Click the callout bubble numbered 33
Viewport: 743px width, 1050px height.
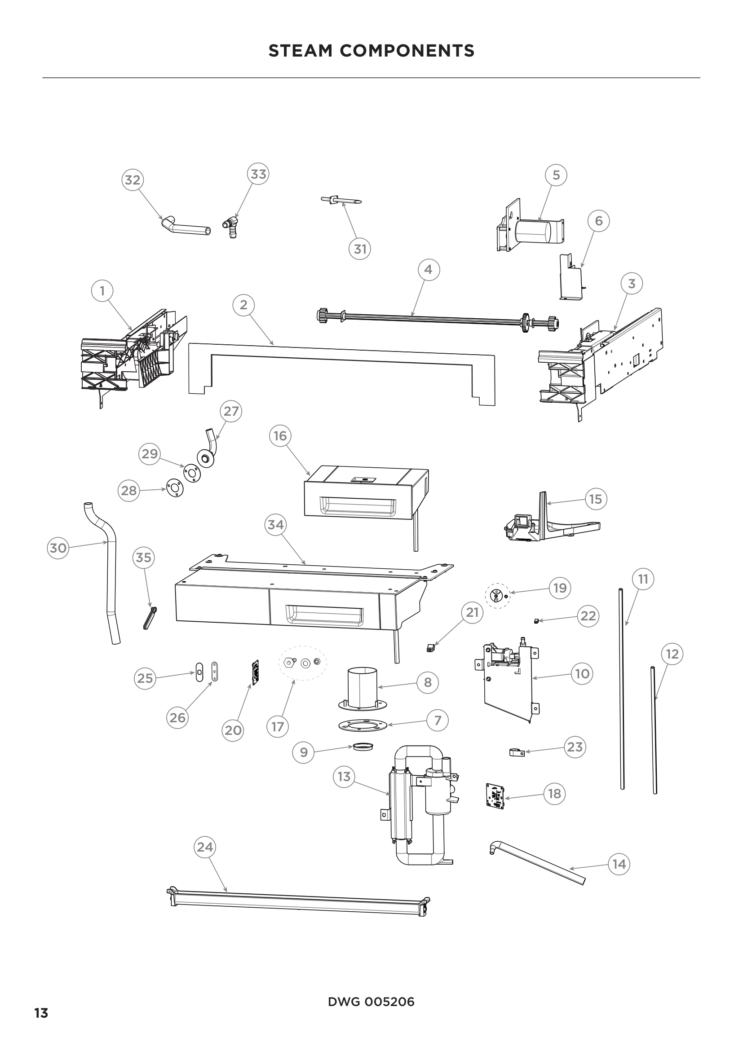[x=258, y=174]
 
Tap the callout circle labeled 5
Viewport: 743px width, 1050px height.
[x=556, y=175]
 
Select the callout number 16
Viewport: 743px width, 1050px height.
[x=280, y=436]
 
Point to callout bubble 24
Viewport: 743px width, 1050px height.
[x=204, y=847]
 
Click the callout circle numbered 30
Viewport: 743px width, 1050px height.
[x=58, y=548]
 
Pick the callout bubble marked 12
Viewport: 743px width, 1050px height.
[x=672, y=654]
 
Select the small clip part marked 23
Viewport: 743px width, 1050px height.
[x=516, y=752]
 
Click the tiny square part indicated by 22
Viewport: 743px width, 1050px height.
[x=536, y=620]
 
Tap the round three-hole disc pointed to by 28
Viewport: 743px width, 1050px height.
[x=175, y=488]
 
